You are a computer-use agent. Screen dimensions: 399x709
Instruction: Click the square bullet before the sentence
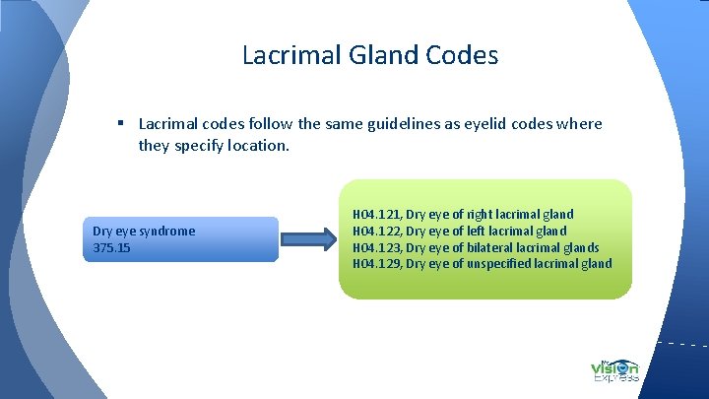pos(118,124)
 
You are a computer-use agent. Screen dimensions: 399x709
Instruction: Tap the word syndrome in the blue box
pos(168,232)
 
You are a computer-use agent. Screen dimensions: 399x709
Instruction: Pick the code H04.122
pos(375,231)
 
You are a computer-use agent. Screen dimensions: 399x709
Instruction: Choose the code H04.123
pos(375,247)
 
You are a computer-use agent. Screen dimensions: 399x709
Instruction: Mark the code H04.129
pos(375,263)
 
